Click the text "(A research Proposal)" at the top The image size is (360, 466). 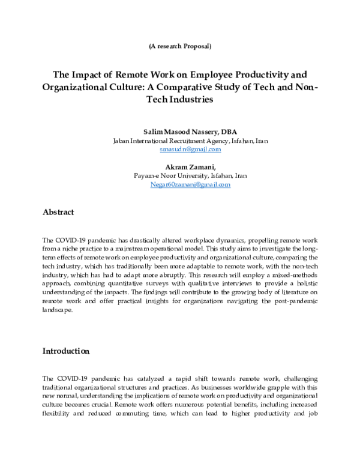point(179,46)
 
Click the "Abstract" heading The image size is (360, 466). point(58,212)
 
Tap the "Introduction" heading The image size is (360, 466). point(66,351)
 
